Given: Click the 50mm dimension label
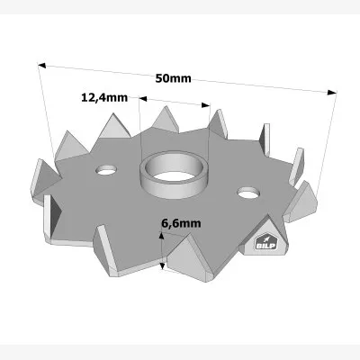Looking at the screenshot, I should [x=174, y=78].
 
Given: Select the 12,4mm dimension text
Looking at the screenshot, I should [x=104, y=97].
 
